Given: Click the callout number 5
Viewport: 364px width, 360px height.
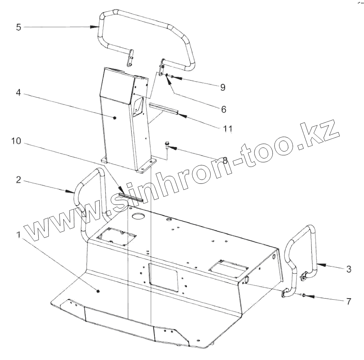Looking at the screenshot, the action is tap(19, 27).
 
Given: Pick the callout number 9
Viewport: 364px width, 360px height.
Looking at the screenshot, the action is tap(223, 87).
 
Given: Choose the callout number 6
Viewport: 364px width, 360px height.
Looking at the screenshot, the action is tap(224, 109).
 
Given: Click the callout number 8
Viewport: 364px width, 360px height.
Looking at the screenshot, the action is tap(225, 160).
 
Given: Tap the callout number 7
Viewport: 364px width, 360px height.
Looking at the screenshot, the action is tap(348, 301).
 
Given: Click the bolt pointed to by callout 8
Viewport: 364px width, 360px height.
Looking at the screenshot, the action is tap(167, 146).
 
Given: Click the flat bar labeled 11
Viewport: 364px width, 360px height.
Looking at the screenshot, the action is tap(163, 109).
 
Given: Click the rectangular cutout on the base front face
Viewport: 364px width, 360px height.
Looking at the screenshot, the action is tap(164, 275).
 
